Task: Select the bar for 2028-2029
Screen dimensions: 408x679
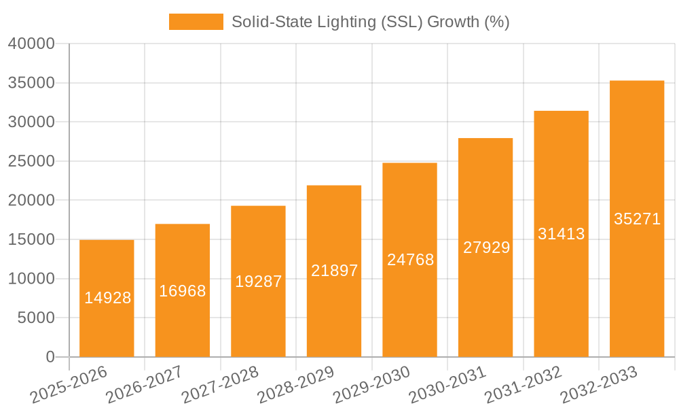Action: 334,306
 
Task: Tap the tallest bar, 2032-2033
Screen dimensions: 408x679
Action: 637,272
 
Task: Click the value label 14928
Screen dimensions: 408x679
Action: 107,298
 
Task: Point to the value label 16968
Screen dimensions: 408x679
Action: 183,291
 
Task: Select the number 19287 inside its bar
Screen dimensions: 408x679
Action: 258,282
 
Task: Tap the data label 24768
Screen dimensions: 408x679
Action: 410,260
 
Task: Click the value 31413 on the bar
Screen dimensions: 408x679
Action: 562,234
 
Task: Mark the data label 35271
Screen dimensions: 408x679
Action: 637,219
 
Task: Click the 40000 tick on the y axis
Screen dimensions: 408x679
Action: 31,44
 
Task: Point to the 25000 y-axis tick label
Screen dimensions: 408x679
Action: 31,161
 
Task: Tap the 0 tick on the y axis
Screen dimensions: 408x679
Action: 50,357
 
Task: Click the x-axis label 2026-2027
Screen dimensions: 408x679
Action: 144,383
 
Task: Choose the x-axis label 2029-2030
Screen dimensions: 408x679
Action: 371,383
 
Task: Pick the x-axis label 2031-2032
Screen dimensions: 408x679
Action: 523,383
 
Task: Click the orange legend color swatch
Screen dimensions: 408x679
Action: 196,22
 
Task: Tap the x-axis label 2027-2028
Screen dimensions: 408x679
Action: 220,383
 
